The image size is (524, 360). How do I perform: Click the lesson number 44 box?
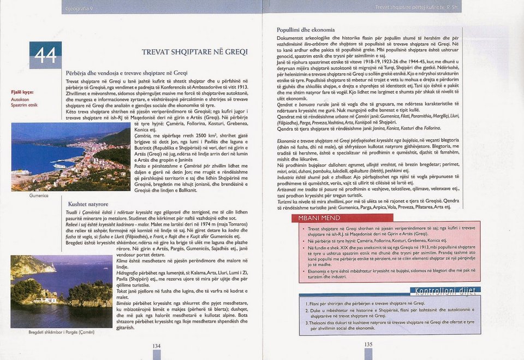[45, 55]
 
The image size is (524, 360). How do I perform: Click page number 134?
[156, 346]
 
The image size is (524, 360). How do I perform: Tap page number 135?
[368, 344]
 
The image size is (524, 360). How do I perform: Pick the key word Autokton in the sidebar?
[20, 99]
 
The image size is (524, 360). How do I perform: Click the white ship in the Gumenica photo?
[59, 166]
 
